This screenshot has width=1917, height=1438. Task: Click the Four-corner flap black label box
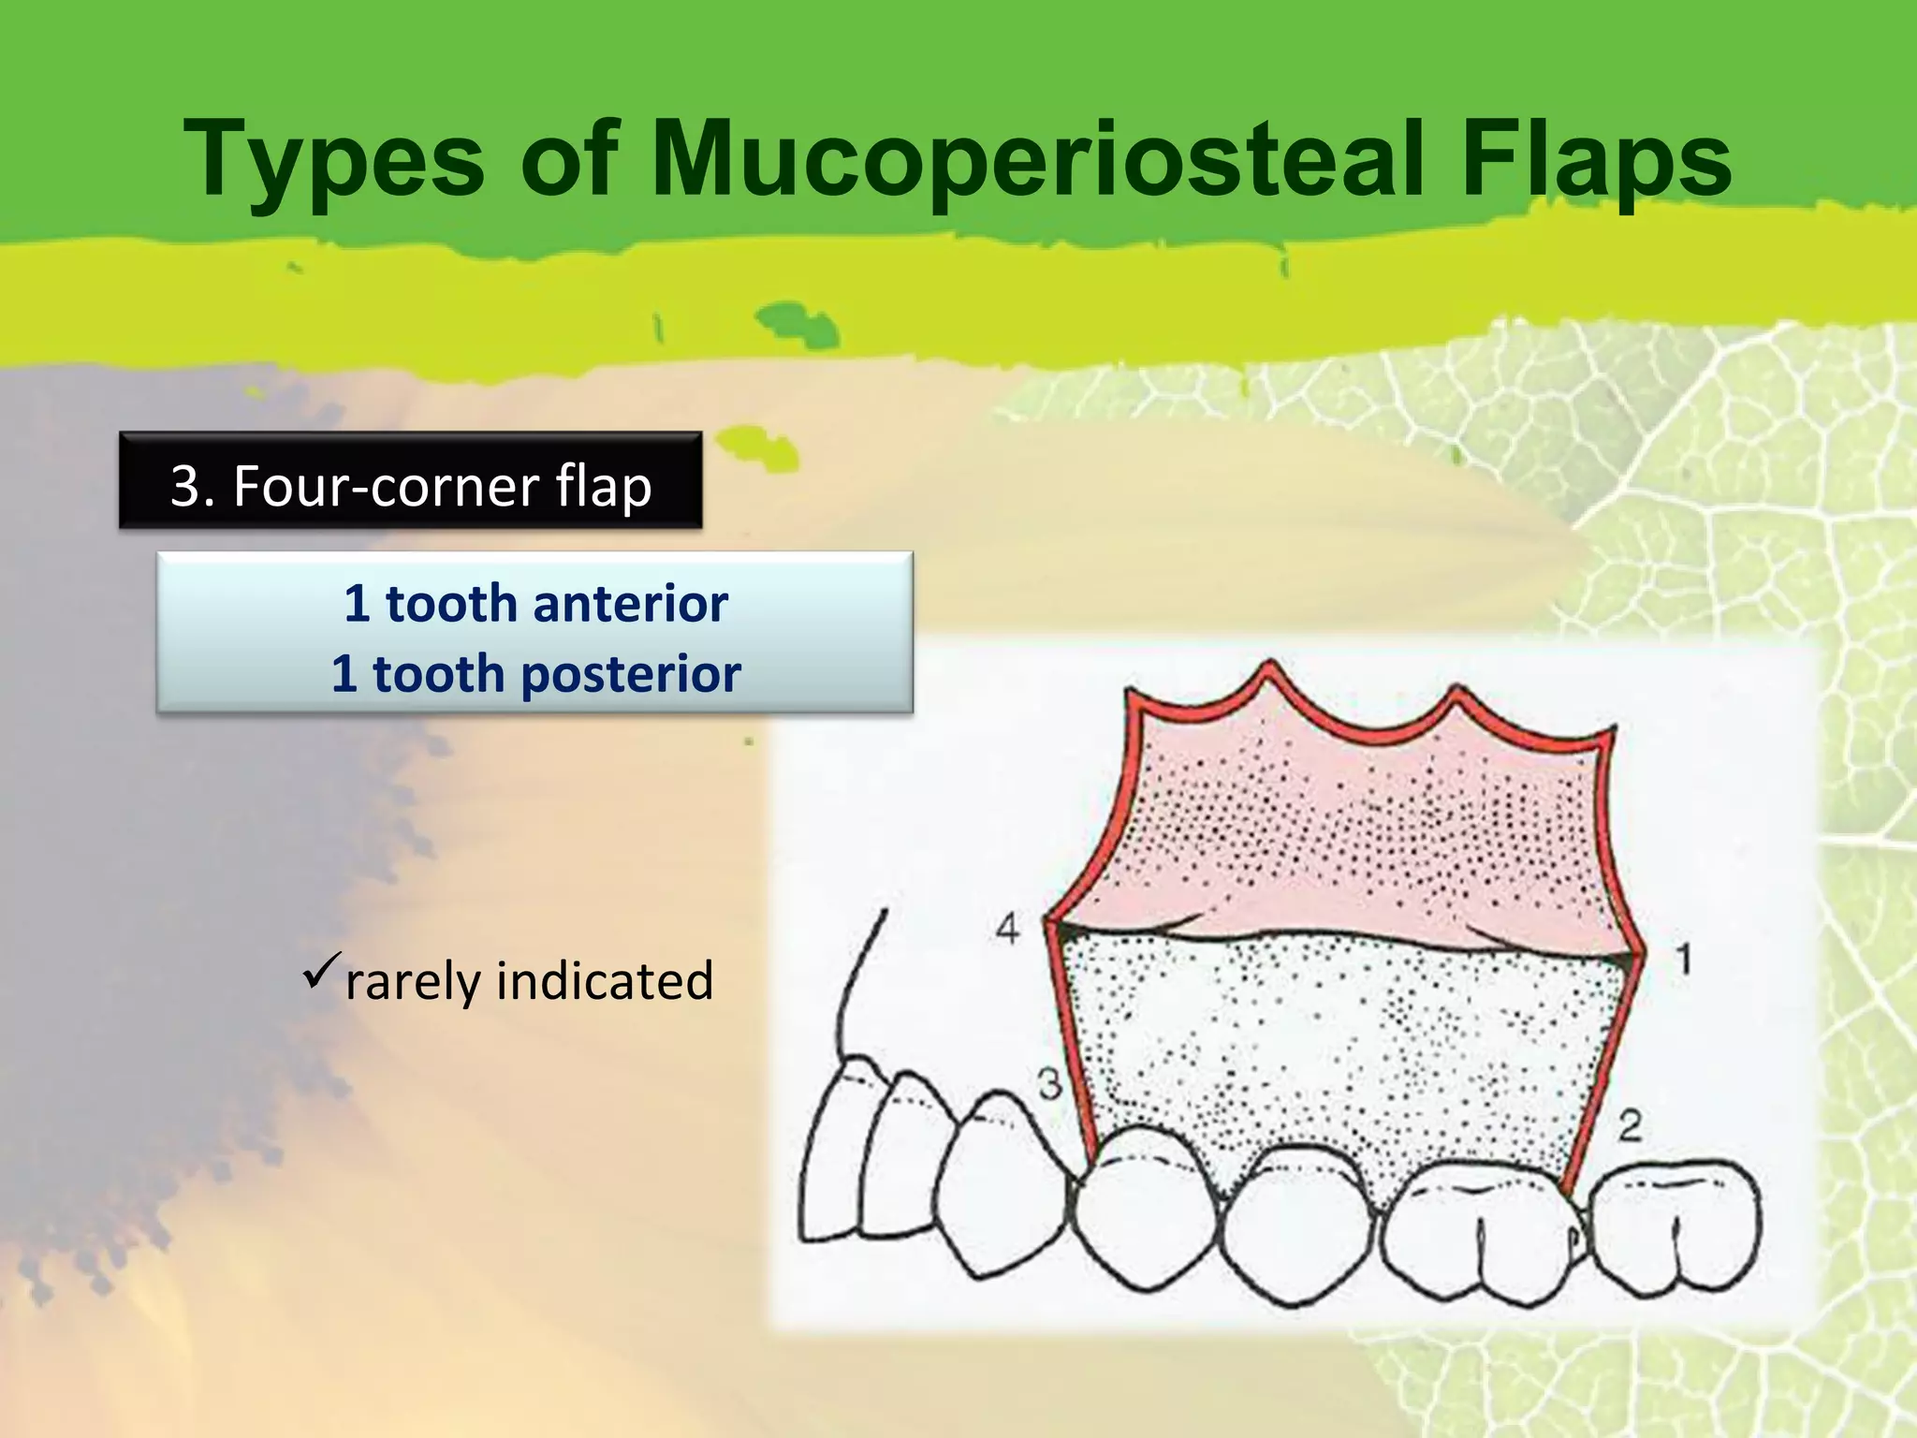point(410,481)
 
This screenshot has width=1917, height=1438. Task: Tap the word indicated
point(605,981)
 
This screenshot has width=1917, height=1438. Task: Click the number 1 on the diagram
point(1683,960)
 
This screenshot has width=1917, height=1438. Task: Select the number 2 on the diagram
point(1630,1125)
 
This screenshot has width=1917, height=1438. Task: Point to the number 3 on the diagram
point(1050,1084)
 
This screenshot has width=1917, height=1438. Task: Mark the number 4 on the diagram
point(1007,929)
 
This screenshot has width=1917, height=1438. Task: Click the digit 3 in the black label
point(186,487)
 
